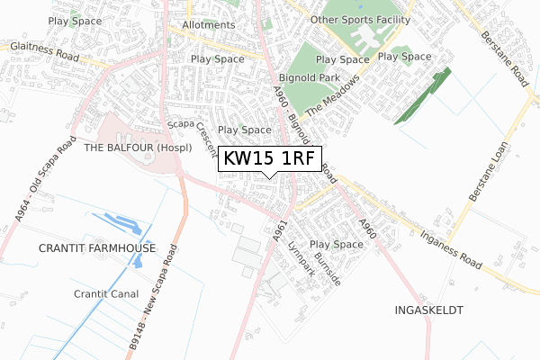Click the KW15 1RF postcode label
268,159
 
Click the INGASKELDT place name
428,310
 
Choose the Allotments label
208,25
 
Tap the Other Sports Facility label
360,19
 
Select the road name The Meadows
337,98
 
